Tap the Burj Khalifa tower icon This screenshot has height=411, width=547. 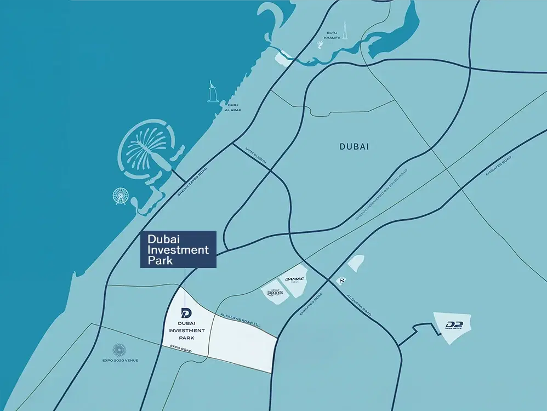(x=322, y=41)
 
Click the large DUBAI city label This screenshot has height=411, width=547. (x=354, y=147)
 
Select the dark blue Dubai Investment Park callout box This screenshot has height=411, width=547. (x=178, y=249)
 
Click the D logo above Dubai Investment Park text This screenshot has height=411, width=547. (x=186, y=313)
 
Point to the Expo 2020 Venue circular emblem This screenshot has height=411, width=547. (x=118, y=350)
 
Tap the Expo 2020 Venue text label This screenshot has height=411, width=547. (x=119, y=361)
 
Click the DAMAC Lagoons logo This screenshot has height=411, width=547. (x=275, y=293)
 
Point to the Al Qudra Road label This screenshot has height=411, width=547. (x=359, y=305)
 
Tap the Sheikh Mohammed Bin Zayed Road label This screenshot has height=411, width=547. (x=381, y=194)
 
